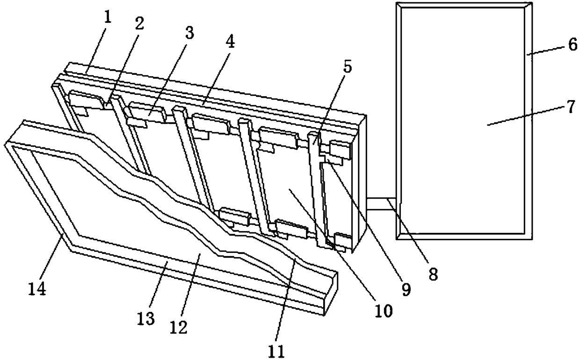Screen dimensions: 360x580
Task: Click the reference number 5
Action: pyautogui.click(x=347, y=67)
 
